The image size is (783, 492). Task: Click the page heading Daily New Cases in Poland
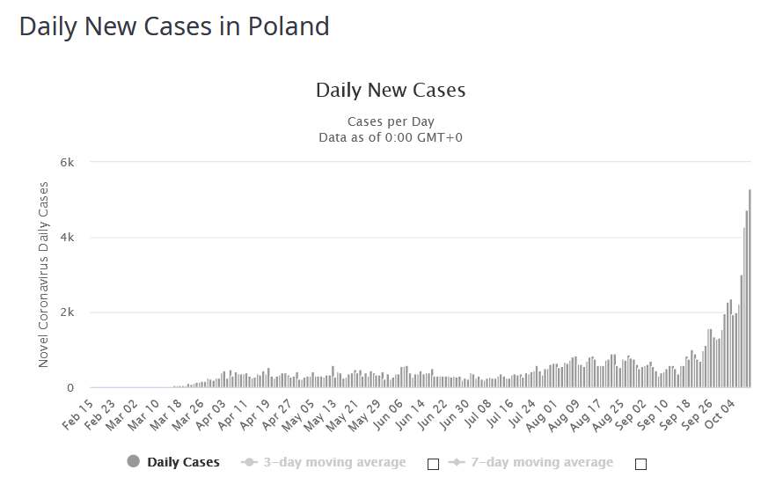pos(174,26)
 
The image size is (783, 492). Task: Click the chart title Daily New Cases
pos(391,90)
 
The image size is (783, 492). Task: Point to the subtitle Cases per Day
pos(391,121)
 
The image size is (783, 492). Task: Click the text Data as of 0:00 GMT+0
pos(391,136)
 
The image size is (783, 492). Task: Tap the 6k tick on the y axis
pos(67,163)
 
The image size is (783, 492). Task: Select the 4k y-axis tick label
pos(67,238)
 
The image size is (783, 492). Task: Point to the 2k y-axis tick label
pos(67,312)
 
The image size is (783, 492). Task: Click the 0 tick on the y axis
pos(70,388)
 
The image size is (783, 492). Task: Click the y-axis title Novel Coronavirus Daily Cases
pos(44,275)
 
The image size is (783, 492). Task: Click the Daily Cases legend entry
pos(173,462)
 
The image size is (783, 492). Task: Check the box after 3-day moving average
pos(433,463)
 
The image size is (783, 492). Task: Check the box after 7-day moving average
pos(640,463)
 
